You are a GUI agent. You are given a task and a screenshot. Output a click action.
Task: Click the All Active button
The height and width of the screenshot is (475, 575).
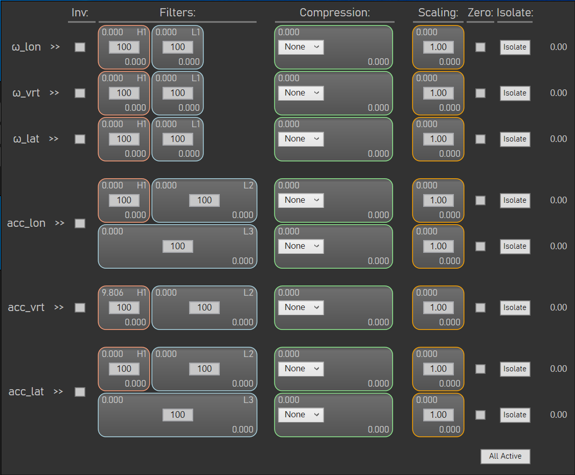coord(505,456)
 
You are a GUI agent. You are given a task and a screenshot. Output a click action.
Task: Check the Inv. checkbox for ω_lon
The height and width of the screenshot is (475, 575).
coord(80,47)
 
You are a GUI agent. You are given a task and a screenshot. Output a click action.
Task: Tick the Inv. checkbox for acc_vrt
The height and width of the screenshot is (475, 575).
coord(80,307)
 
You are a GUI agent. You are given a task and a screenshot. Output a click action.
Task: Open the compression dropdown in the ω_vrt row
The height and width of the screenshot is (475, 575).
coord(301,93)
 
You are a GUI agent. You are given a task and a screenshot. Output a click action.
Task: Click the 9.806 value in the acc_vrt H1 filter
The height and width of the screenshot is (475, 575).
coord(112,293)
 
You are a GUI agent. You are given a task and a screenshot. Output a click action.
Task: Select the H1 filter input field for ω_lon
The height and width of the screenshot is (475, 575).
coord(124,47)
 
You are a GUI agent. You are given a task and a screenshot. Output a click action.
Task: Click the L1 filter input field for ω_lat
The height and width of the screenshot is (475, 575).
coord(178,139)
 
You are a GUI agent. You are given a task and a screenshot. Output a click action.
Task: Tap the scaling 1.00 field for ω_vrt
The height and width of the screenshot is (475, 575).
coord(439,93)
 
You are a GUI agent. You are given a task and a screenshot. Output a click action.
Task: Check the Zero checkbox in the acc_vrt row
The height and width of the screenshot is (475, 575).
coord(480,307)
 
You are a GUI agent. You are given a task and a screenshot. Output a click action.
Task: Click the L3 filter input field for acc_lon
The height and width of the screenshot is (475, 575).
coord(178,246)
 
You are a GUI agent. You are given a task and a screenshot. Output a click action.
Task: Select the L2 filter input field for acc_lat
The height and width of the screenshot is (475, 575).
coord(204,369)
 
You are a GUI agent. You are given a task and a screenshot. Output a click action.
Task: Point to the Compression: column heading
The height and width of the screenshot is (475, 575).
coord(335,13)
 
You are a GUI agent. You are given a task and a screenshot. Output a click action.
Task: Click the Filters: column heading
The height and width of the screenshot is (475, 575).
coord(177,13)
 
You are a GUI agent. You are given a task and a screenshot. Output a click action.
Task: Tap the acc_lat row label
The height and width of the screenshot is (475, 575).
coord(27,392)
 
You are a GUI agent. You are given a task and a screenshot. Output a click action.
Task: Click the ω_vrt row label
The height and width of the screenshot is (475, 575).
coord(26,93)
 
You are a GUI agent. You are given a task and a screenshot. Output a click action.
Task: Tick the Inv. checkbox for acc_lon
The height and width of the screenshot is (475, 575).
coord(80,223)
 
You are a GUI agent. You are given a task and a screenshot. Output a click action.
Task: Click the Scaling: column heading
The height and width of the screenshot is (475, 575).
coord(439,13)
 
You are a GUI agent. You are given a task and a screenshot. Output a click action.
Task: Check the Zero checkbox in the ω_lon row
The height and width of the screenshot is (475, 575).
coord(480,47)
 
